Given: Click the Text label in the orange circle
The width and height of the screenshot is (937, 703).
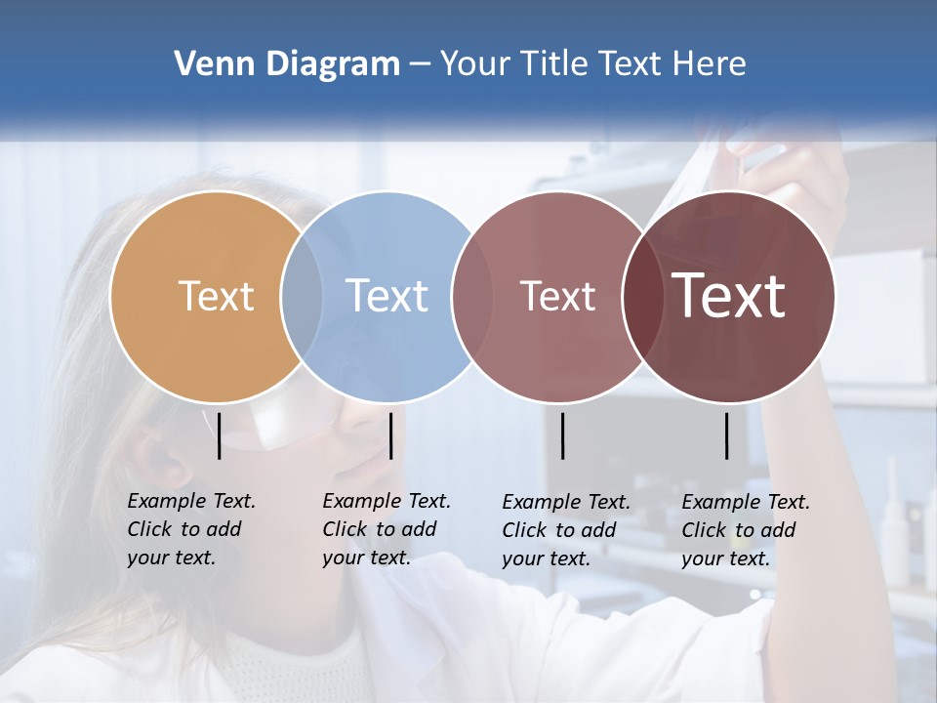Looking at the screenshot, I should (216, 296).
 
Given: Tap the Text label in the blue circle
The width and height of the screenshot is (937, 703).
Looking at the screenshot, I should (387, 296).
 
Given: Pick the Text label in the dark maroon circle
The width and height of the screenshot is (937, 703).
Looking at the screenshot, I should (728, 296).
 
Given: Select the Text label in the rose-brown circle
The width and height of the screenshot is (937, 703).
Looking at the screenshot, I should (557, 296).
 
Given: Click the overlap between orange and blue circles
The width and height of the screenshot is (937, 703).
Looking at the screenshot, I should (302, 296).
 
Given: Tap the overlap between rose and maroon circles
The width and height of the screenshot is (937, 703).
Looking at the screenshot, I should (640, 296).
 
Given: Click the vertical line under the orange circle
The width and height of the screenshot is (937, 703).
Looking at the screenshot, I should (220, 435).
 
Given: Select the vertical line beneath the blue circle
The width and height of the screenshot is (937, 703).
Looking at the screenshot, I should (390, 435).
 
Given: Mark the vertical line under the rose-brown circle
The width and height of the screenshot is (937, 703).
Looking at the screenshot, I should (562, 435).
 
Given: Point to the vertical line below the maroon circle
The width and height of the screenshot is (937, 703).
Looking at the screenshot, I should (727, 435).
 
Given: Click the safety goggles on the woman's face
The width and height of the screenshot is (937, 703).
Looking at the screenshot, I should (283, 425).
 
